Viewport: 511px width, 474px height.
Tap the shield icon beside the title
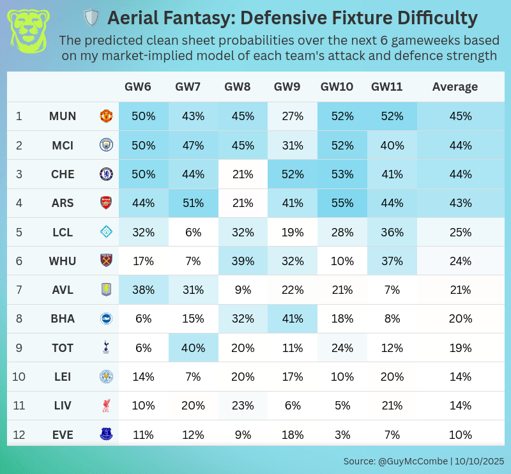92,17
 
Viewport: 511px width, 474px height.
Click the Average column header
455,87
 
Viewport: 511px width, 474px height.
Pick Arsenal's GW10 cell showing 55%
342,203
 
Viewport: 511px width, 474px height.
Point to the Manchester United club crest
105,116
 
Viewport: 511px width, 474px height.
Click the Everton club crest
105,435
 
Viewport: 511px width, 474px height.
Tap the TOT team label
63,348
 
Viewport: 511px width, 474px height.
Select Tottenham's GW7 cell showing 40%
193,348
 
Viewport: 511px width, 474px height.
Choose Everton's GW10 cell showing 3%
342,435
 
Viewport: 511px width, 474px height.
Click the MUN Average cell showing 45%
460,116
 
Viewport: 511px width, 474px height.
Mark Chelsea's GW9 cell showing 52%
293,174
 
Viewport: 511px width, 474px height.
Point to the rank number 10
19,377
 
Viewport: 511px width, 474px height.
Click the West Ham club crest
105,261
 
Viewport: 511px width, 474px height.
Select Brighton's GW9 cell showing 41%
293,319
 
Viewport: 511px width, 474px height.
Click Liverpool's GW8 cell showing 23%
243,406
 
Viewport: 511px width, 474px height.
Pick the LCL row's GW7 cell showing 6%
193,232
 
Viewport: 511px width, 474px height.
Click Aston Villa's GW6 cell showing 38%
143,290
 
